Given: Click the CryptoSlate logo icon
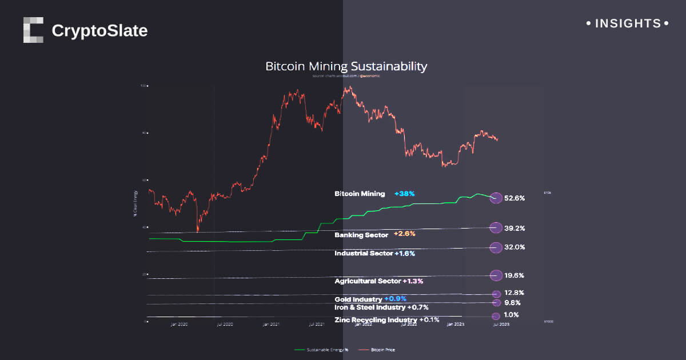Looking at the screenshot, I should click(x=33, y=30).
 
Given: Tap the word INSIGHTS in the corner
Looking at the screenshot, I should click(x=628, y=24).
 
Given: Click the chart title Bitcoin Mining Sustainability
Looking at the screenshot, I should click(x=346, y=66).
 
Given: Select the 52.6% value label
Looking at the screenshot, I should click(x=514, y=198).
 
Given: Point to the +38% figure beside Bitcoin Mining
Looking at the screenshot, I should click(x=404, y=194).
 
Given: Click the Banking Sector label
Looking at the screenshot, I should click(x=361, y=234).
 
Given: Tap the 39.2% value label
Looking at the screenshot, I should click(x=514, y=228).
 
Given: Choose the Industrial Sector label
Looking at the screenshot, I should click(x=364, y=253).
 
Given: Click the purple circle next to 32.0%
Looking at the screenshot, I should click(x=496, y=247).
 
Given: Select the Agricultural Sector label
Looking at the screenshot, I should click(x=368, y=281).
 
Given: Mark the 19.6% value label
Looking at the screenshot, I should click(x=514, y=275).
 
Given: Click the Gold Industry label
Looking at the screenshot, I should click(x=358, y=299).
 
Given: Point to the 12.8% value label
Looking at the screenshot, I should click(x=514, y=293).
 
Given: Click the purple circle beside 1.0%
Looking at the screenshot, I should click(x=496, y=316).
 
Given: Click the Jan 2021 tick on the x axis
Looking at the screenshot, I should click(x=270, y=325).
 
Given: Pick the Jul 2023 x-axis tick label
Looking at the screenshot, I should click(x=501, y=325).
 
